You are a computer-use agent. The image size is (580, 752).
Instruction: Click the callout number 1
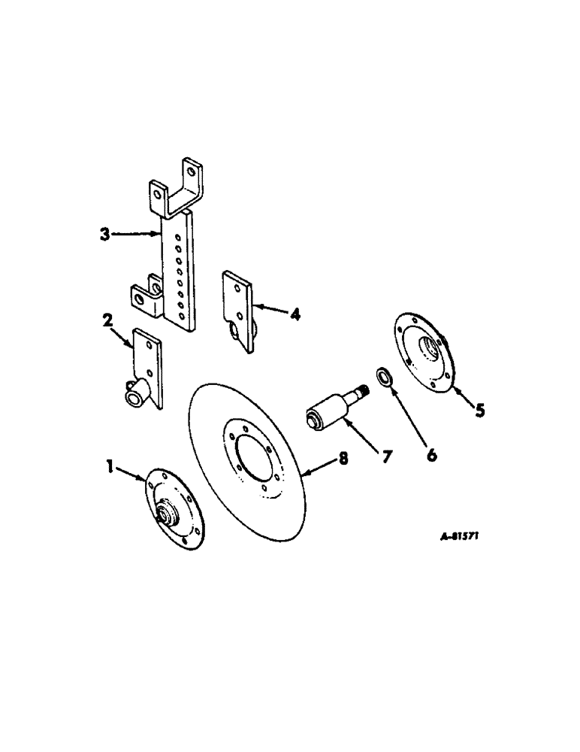coord(110,468)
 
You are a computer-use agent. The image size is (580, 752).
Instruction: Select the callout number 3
coord(105,234)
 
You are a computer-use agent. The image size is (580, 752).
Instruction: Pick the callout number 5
coord(479,411)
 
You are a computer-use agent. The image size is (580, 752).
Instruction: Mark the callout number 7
coord(385,456)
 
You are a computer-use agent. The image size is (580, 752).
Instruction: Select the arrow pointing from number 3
coord(137,234)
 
